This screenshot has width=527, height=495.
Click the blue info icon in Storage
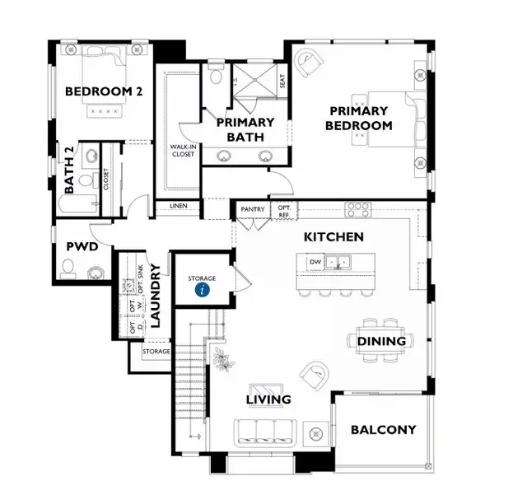point(202,288)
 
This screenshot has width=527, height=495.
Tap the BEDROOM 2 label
point(104,91)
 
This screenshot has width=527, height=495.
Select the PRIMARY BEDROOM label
point(358,118)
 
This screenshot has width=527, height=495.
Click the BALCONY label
point(383,429)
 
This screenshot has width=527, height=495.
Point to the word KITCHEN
point(333,236)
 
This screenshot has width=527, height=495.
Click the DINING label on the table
point(381,341)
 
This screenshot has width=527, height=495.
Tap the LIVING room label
point(268,399)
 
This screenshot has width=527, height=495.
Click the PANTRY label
point(252,209)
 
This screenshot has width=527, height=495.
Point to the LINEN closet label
point(178,205)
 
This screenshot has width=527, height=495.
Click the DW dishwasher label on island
point(315,262)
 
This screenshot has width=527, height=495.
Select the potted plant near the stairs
point(222,358)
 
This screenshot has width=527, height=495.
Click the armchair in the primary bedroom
point(310,62)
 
